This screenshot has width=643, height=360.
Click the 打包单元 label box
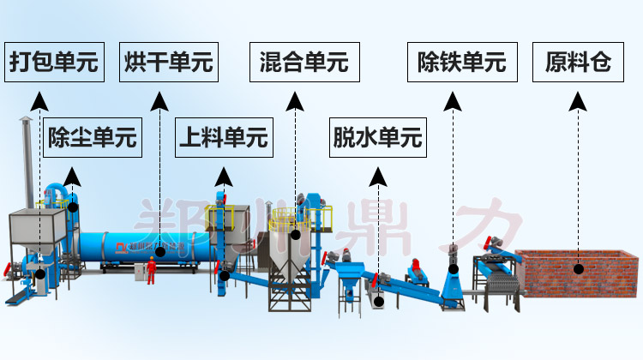click(53, 63)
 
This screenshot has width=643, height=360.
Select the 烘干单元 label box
click(168, 63)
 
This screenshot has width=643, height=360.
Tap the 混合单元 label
click(304, 63)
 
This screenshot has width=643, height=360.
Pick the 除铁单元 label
click(461, 63)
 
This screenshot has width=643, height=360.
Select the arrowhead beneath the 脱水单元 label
click(377, 177)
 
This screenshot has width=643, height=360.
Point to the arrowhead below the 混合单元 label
click(295, 102)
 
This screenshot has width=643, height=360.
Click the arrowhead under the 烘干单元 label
click(159, 102)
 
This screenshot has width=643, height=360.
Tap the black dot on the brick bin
click(578, 268)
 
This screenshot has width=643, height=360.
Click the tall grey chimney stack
click(25, 163)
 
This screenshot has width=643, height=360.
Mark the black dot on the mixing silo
click(295, 233)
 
